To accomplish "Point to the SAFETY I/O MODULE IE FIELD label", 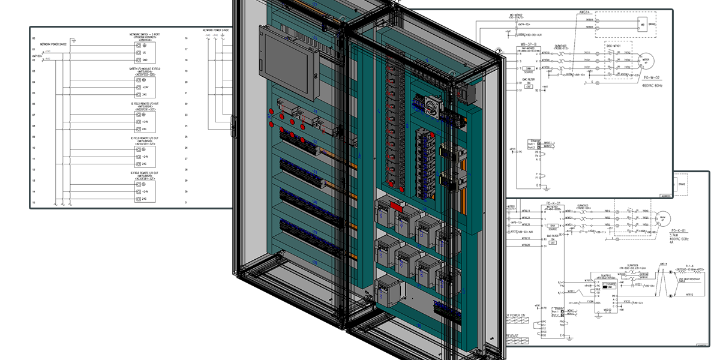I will [x=145, y=69].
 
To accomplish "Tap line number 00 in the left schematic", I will [x=34, y=38].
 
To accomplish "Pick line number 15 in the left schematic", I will [x=34, y=203].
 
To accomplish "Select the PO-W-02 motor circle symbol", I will [x=646, y=61].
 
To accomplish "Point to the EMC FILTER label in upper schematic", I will [x=529, y=79].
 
